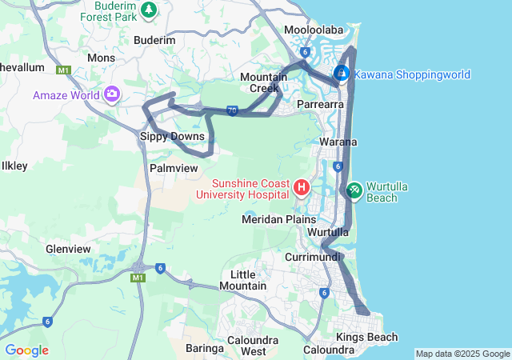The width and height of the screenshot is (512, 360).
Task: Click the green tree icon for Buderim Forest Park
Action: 148,9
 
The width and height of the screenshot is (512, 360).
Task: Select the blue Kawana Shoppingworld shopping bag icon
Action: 342,74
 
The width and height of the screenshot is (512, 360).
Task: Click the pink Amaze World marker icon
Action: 111,95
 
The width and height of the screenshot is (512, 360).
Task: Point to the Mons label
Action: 101,58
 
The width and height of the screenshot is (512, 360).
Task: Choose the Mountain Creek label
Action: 264,82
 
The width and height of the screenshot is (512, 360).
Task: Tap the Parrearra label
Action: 320,104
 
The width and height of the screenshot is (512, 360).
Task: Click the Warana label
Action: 338,142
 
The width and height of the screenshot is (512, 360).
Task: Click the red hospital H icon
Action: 302,188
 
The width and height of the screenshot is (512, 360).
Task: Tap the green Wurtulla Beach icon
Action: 354,190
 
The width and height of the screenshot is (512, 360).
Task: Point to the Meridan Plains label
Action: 279,219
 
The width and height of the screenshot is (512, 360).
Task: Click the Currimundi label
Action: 313,257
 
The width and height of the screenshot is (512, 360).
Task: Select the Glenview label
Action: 68,249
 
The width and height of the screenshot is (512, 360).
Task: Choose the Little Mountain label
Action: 242,280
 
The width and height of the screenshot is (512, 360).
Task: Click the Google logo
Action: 26,350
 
